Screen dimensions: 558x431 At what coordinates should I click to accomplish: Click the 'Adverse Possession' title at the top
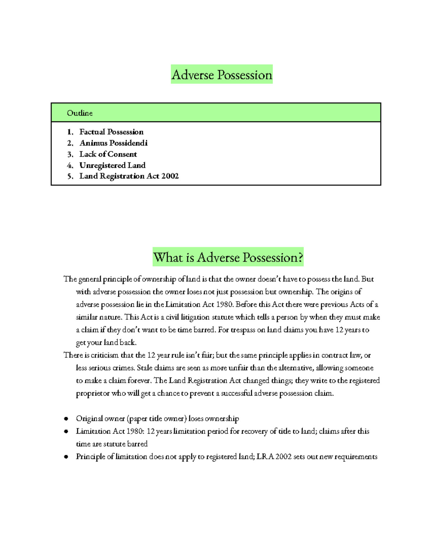[x=222, y=75]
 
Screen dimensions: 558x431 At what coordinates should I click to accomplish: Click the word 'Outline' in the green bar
[x=80, y=113]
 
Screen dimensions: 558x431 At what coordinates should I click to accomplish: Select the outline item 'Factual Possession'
[x=111, y=132]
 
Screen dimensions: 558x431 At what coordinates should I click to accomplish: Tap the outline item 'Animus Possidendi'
[x=113, y=143]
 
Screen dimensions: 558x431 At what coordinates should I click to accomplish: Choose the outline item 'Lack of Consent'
[x=108, y=154]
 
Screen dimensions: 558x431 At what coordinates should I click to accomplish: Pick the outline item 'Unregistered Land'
[x=112, y=165]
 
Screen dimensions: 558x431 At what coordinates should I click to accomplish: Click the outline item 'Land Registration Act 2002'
[x=129, y=176]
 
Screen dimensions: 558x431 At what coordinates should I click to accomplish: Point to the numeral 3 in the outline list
[x=70, y=155]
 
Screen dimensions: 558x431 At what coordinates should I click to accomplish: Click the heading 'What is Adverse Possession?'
[x=228, y=257]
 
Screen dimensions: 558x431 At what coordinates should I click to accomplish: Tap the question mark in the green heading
[x=300, y=257]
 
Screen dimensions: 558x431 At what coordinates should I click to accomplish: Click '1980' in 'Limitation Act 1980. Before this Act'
[x=225, y=304]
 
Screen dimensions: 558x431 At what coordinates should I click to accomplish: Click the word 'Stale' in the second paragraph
[x=144, y=368]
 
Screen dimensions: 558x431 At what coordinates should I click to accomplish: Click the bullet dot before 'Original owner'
[x=66, y=419]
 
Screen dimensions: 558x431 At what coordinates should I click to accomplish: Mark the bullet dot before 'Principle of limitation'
[x=66, y=457]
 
